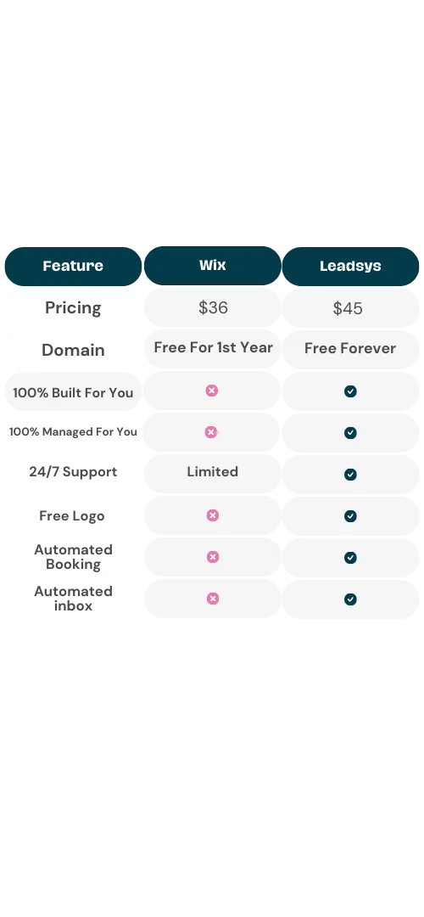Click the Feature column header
pos(73,266)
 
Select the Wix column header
pos(213,266)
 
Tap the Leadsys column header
pos(350,266)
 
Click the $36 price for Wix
pos(213,307)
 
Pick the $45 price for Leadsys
pos(348,308)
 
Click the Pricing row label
pos(73,308)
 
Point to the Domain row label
pos(73,350)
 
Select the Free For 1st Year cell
pos(213,347)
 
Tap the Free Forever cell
pos(350,349)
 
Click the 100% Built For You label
pos(73,392)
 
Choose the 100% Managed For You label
pos(73,431)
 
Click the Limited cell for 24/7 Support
pos(213,471)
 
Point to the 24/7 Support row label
pos(73,472)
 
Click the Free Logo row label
pos(72,516)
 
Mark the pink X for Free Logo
pos(213,515)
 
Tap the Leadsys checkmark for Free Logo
pos(350,516)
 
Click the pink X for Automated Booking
pos(213,557)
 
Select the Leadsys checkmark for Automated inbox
pos(350,599)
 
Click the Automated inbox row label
pos(73,599)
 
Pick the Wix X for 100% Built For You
pos(212,391)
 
